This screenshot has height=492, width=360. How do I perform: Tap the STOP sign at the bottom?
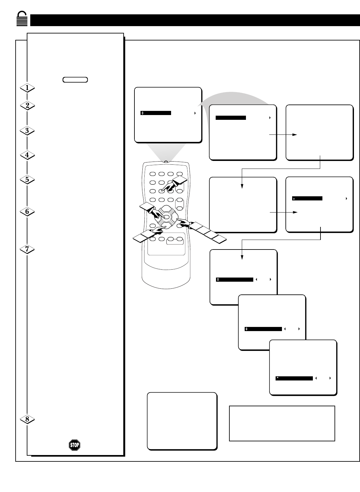pyautogui.click(x=74, y=445)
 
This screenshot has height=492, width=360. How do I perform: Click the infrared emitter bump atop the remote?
pyautogui.click(x=166, y=162)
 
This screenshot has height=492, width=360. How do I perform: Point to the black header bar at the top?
pyautogui.click(x=195, y=20)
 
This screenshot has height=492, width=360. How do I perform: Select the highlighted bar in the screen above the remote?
pyautogui.click(x=156, y=113)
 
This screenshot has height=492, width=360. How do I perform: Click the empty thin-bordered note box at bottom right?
pyautogui.click(x=282, y=423)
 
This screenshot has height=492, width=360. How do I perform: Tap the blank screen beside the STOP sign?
pyautogui.click(x=182, y=421)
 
